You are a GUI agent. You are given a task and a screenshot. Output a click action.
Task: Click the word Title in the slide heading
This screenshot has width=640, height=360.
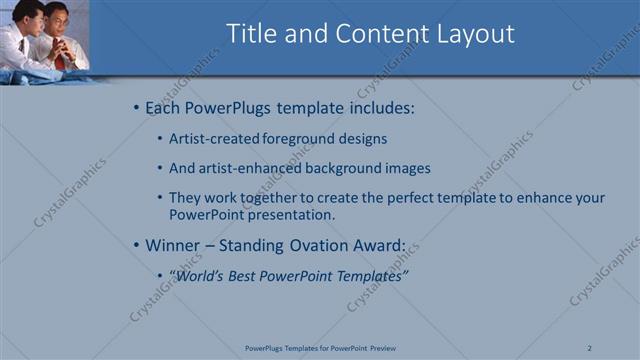coord(252,34)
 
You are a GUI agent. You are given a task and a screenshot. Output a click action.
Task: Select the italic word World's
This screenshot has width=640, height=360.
coord(197,275)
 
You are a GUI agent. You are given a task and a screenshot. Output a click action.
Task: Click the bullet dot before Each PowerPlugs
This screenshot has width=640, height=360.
coord(137,107)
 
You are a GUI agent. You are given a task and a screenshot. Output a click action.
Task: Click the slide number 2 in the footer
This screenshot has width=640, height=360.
coord(590,348)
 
